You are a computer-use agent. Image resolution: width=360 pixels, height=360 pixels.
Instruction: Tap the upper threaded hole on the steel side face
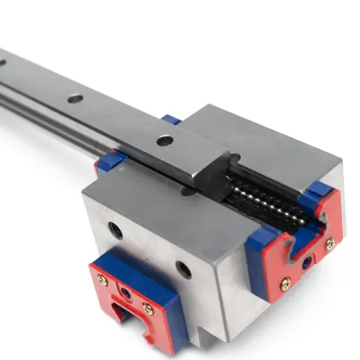(114, 229)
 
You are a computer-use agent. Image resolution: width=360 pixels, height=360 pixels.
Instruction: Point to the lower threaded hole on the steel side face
(182, 268)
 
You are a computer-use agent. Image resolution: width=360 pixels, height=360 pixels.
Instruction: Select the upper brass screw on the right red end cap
(330, 244)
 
